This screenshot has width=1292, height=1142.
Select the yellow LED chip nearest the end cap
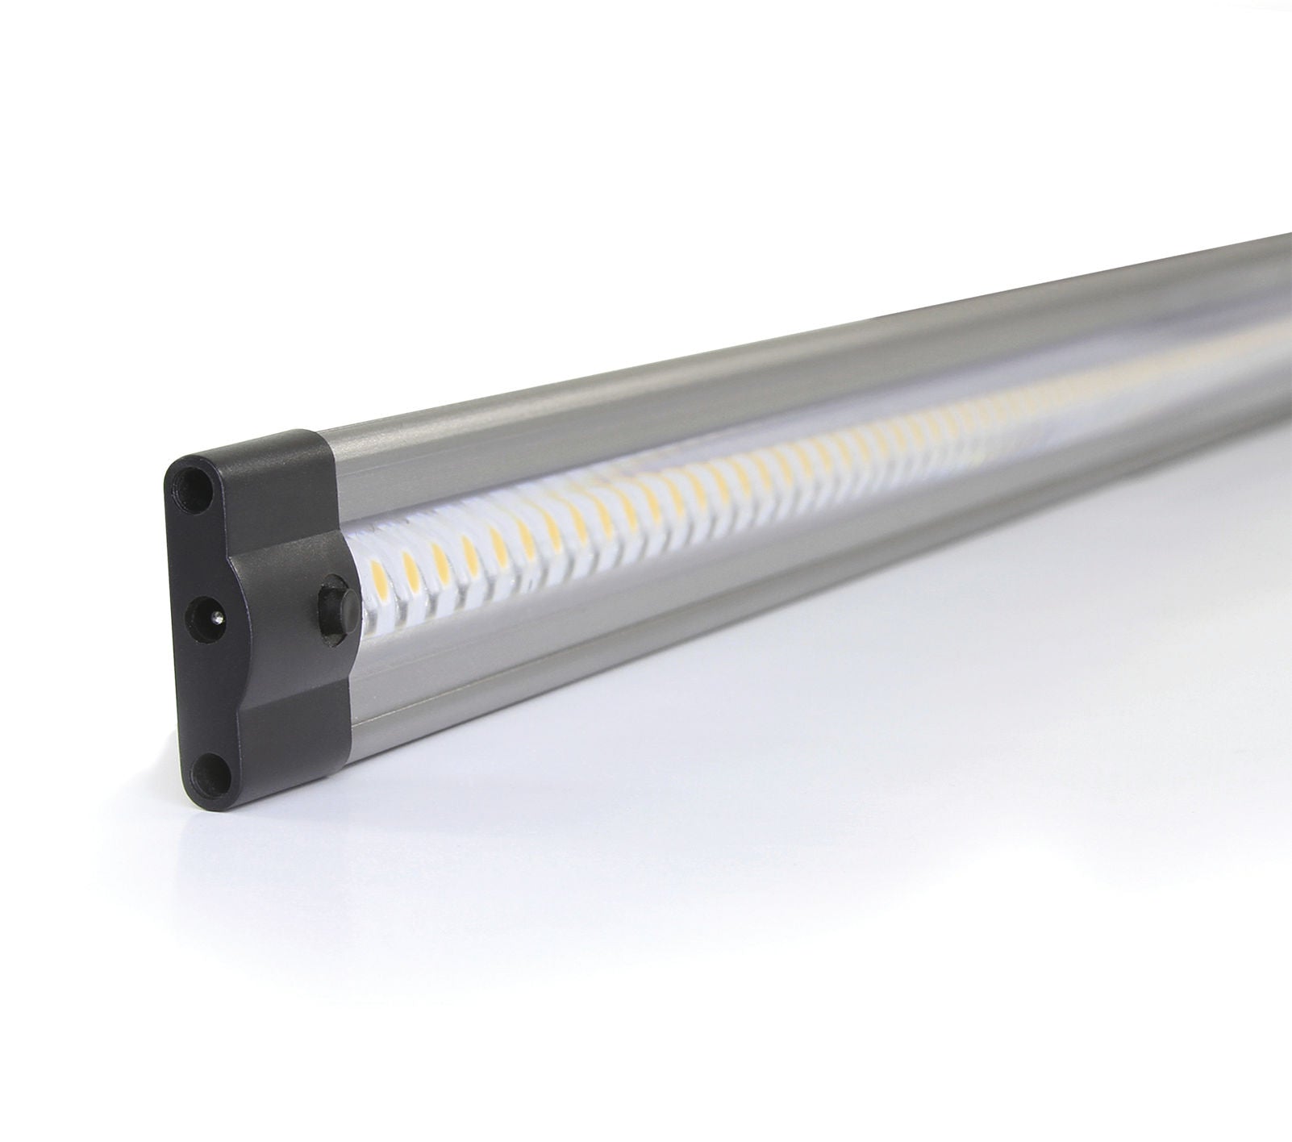click(377, 574)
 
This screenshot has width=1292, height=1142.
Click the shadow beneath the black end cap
click(242, 815)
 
